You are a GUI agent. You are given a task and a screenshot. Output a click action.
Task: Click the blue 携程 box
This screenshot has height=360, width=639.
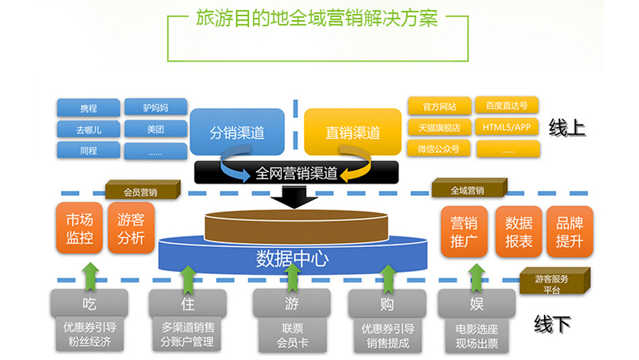tap(89, 108)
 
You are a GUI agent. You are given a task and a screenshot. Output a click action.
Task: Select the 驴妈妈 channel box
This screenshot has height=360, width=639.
tap(155, 107)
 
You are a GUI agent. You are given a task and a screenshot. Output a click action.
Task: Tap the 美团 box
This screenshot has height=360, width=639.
tap(155, 129)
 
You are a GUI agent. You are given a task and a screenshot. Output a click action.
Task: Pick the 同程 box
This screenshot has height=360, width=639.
tap(89, 151)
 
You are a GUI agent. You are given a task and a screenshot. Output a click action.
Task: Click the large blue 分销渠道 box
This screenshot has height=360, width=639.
tap(237, 131)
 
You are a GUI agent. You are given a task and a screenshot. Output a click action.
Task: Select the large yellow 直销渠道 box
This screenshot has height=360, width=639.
tap(353, 131)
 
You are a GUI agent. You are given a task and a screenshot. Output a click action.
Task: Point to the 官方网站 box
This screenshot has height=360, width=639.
tap(439, 107)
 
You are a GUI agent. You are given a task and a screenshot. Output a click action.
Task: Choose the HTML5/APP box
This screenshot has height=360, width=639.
tap(506, 127)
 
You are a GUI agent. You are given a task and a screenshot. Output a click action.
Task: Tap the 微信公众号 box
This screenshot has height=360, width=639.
tap(439, 149)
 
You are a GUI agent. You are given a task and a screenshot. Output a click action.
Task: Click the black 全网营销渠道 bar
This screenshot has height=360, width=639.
tap(296, 173)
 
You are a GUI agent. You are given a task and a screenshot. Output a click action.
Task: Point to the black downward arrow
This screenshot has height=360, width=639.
tap(294, 197)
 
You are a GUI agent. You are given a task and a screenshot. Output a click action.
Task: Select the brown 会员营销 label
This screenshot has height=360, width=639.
tap(143, 190)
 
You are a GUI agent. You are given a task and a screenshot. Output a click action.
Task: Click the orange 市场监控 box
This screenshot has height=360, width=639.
tap(80, 229)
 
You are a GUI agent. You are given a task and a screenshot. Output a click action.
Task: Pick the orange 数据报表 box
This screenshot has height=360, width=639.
tap(519, 232)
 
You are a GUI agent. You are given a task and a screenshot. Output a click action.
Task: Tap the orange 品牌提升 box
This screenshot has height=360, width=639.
tap(569, 232)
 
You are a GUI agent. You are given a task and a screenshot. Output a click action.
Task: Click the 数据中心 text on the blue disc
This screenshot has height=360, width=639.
tap(293, 258)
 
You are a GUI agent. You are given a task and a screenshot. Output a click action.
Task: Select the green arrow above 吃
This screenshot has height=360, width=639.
tap(90, 276)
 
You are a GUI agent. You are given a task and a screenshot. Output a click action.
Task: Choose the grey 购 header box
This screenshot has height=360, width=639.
tap(387, 303)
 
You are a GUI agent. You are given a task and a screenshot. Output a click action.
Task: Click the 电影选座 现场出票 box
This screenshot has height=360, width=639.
tap(477, 336)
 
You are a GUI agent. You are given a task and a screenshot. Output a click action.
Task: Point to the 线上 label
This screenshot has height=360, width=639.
tap(567, 128)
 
